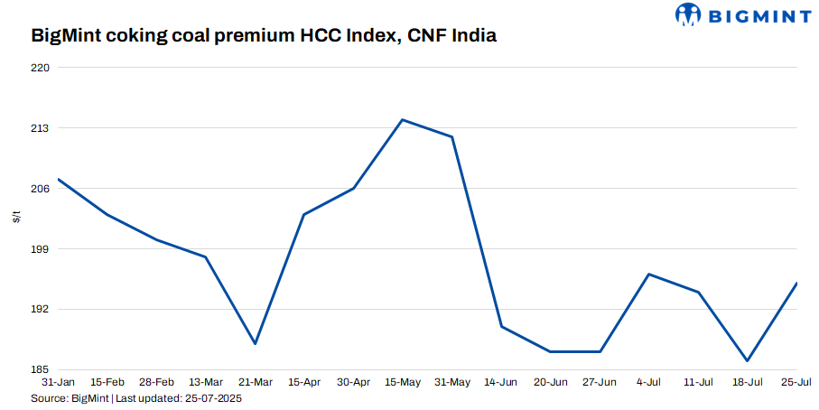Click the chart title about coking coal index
(264, 37)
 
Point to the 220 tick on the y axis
(40, 68)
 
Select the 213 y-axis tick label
(40, 128)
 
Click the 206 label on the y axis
(40, 189)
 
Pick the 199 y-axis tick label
(40, 249)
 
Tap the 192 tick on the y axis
(40, 310)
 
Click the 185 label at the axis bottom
(40, 370)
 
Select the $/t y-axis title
(16, 219)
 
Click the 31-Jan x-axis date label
(58, 383)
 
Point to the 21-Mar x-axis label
(256, 383)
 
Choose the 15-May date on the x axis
(403, 383)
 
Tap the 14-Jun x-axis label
(501, 383)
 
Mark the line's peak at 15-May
(403, 120)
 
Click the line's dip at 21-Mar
(256, 344)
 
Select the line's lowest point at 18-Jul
(748, 361)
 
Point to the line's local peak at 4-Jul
(649, 274)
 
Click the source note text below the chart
(136, 398)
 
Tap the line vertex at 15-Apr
(304, 215)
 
